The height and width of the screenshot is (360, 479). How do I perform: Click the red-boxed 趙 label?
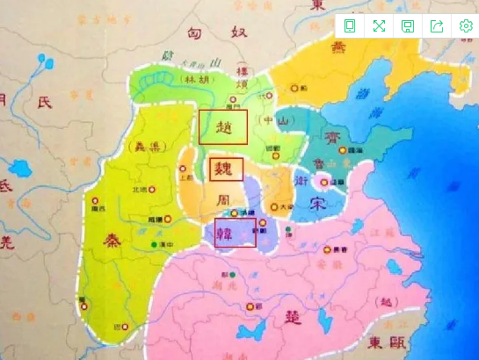coord(223,127)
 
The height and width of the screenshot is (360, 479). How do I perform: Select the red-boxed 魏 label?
coord(226,169)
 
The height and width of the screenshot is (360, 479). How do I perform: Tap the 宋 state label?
coord(320,205)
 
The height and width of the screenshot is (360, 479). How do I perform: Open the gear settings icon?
coord(467,25)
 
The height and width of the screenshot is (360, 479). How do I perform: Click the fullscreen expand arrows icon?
coord(379,25)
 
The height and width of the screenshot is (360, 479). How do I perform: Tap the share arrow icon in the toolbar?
coord(437,25)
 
